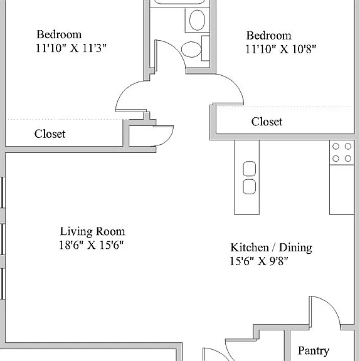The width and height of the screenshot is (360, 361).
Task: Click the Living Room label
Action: tap(93, 231)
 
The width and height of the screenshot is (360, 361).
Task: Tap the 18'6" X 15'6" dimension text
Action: tap(92, 245)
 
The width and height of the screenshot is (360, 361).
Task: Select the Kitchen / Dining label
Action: tap(272, 248)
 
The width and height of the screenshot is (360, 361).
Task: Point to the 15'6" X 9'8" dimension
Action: tap(259, 261)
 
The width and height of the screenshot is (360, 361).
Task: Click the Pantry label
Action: tap(314, 351)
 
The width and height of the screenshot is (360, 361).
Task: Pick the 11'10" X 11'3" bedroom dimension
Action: tap(71, 48)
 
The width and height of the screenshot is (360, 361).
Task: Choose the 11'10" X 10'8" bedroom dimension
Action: tap(281, 49)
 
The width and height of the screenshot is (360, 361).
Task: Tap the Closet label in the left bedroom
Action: tap(50, 133)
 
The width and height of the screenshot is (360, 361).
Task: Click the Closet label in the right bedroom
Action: tap(267, 122)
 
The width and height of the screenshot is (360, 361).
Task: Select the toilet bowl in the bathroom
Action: tap(191, 50)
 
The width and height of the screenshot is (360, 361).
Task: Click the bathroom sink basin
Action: tap(197, 20)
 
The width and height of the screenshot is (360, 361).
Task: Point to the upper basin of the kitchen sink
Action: tap(250, 169)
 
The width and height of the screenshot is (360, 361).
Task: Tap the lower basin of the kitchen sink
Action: tap(250, 187)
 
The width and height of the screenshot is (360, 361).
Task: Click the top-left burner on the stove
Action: tap(336, 146)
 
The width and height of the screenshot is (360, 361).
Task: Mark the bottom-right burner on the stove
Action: tap(348, 159)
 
